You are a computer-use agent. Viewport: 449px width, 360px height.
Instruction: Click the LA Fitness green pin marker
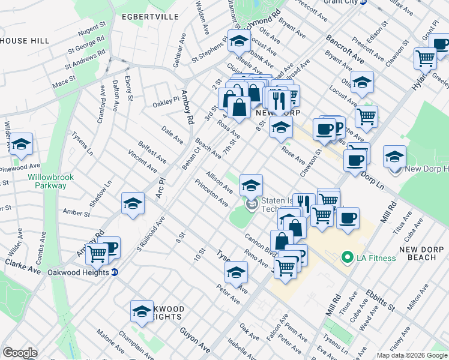pos(346,258)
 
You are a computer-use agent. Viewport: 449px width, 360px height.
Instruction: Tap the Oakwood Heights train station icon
pos(115,272)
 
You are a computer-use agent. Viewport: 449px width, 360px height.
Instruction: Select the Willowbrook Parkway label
pos(47,181)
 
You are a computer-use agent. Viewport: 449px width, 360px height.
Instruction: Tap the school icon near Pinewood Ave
pos(21,145)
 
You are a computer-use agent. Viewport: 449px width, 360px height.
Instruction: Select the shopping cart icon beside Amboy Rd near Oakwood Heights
pos(97,253)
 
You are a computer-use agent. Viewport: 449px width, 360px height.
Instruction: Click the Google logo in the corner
pos(20,353)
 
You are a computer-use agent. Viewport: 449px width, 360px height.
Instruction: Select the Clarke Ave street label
pos(22,267)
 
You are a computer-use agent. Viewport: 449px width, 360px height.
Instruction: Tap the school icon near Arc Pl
pos(133,203)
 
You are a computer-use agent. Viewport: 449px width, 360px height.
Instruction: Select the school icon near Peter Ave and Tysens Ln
pos(237,272)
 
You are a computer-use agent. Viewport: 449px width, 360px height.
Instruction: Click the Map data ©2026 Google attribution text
pos(411,355)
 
